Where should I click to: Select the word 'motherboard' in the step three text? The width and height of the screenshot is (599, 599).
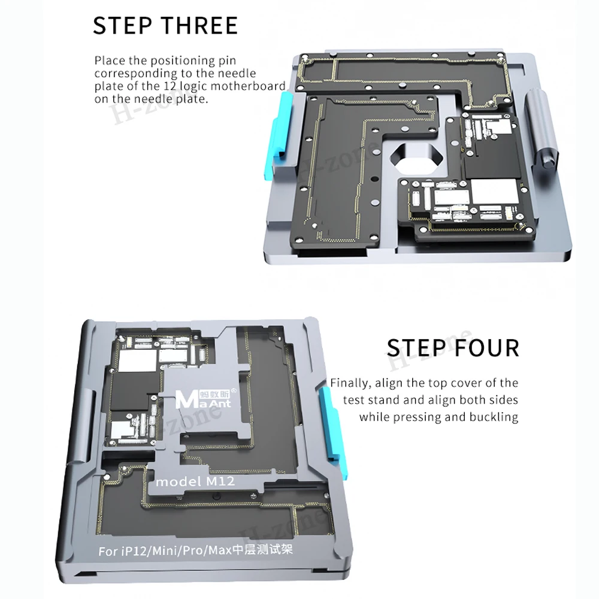click(248, 86)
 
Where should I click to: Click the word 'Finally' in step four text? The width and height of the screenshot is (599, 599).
click(350, 383)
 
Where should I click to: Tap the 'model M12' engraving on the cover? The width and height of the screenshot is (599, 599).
click(195, 482)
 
